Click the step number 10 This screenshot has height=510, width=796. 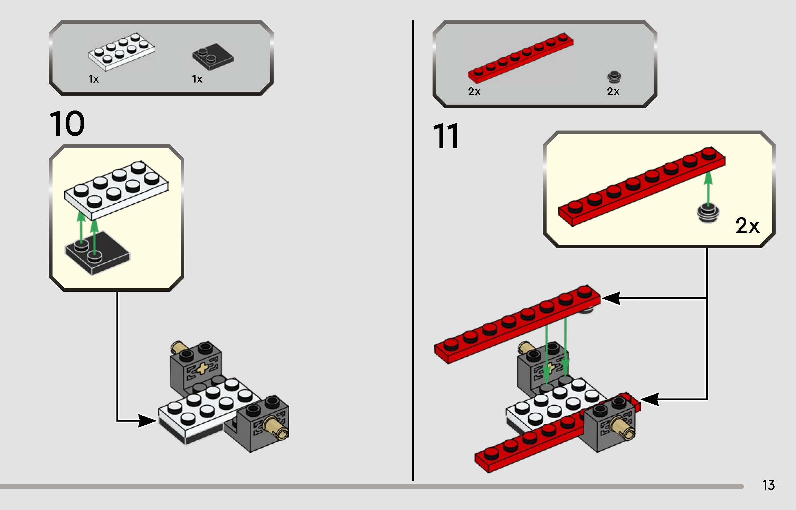[x=67, y=123]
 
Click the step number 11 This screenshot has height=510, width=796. [x=446, y=136]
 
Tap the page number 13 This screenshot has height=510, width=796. [x=768, y=485]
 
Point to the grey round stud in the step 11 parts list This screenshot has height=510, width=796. [x=614, y=77]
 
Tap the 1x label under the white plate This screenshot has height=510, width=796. [x=94, y=79]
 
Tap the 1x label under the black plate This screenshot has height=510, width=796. [x=197, y=79]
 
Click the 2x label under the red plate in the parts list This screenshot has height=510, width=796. [x=474, y=92]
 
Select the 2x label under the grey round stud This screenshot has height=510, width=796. [x=613, y=92]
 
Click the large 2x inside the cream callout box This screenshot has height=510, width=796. [x=747, y=226]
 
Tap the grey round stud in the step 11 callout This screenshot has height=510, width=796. [x=708, y=213]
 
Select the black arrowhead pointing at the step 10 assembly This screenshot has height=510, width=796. [x=147, y=421]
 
